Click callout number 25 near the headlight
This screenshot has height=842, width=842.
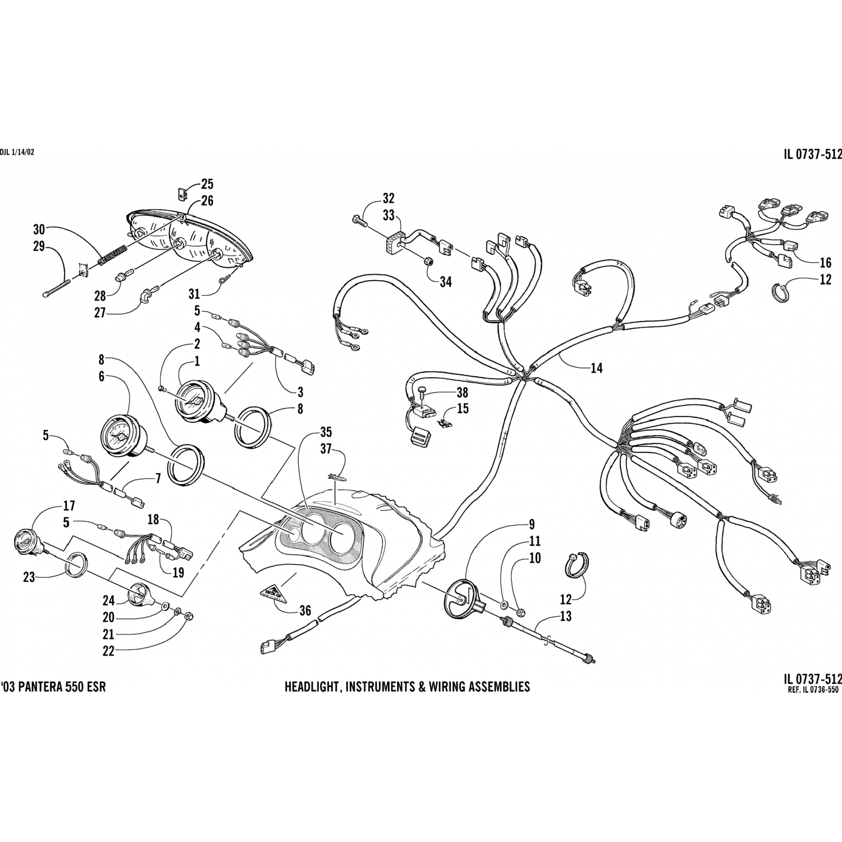[x=207, y=184]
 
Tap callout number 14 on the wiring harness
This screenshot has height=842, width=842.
[x=596, y=368]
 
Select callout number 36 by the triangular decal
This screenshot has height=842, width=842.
[x=305, y=611]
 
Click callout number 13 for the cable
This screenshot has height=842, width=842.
[x=566, y=616]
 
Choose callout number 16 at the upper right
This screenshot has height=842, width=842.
[x=825, y=262]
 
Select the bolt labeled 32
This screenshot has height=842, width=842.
[x=360, y=220]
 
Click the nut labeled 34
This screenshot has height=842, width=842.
[x=427, y=261]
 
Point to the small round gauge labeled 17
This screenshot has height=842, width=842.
[x=24, y=539]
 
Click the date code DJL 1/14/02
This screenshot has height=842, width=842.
[x=17, y=152]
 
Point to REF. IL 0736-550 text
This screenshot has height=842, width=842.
[x=813, y=690]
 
